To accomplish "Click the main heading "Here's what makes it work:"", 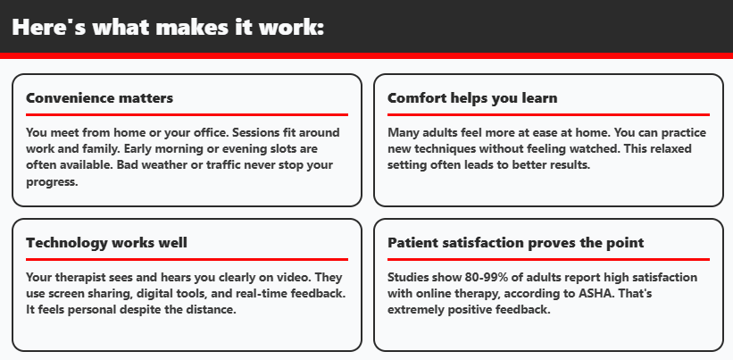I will tap(168, 27).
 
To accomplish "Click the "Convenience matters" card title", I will tap(99, 97).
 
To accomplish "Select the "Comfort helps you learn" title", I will tap(472, 97).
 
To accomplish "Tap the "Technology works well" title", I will tap(106, 243).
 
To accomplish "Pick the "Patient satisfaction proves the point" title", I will tap(515, 243).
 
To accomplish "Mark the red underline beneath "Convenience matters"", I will tap(187, 114).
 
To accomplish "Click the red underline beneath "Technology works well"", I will tap(187, 259).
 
